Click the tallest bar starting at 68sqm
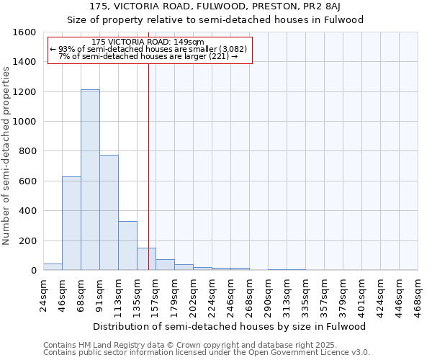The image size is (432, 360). [x=90, y=180]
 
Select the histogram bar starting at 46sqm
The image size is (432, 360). [x=71, y=223]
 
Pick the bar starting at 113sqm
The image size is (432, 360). [x=127, y=246]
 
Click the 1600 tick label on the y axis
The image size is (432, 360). [x=25, y=32]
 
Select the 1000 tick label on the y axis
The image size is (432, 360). [x=25, y=122]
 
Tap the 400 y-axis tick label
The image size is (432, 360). [x=28, y=211]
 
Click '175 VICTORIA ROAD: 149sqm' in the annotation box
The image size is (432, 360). [x=149, y=42]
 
